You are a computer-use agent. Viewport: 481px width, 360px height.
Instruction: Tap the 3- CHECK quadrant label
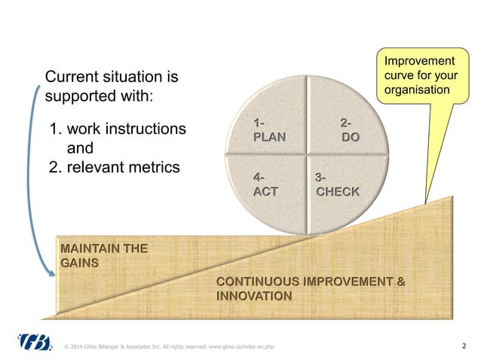click(336, 185)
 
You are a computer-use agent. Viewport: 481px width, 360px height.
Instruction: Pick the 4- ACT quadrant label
click(265, 185)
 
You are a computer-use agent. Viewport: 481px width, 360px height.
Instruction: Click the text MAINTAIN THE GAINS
click(103, 255)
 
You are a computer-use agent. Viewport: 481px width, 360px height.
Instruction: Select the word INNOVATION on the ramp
click(254, 296)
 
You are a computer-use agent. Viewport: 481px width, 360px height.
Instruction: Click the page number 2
click(463, 346)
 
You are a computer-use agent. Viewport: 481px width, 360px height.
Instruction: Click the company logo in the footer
click(36, 343)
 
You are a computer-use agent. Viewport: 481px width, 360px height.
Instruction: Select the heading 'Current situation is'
click(113, 77)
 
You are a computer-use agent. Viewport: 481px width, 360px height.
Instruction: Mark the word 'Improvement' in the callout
click(419, 60)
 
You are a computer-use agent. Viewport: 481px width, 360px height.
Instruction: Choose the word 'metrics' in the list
click(154, 166)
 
